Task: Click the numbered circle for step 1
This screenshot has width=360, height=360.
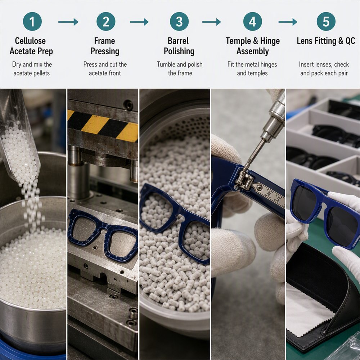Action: (x=32, y=21)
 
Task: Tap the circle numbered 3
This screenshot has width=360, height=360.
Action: (x=179, y=21)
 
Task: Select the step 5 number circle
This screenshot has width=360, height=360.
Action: (x=326, y=21)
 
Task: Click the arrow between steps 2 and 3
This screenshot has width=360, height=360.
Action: (x=139, y=22)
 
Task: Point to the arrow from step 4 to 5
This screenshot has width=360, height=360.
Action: (x=288, y=22)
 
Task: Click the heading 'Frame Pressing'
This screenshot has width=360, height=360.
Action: (x=105, y=46)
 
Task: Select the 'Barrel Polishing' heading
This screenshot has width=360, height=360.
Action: (x=179, y=46)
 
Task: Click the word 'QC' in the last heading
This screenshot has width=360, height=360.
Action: (x=350, y=41)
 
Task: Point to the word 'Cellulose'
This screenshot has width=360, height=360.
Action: (x=30, y=41)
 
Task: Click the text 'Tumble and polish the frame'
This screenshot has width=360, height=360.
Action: (x=180, y=69)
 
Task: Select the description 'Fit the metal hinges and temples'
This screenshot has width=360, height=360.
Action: (x=252, y=69)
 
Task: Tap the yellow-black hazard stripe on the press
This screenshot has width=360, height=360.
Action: (x=103, y=125)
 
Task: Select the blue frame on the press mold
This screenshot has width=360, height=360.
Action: (x=103, y=234)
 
